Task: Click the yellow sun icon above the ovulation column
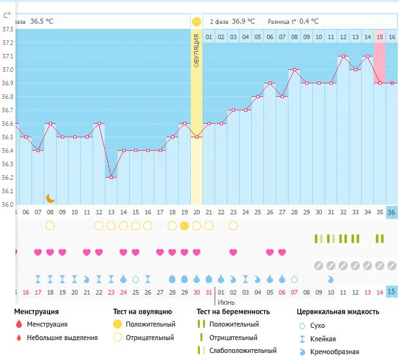196,21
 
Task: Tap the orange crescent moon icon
50,198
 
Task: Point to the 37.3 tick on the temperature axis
7,29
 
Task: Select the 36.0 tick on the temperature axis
7,205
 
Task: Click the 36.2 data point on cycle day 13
111,177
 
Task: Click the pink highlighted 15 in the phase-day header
380,37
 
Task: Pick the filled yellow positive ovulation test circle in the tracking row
184,226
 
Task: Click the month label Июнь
225,301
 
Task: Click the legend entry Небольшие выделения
63,338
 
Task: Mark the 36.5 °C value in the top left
42,21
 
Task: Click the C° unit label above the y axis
6,15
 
